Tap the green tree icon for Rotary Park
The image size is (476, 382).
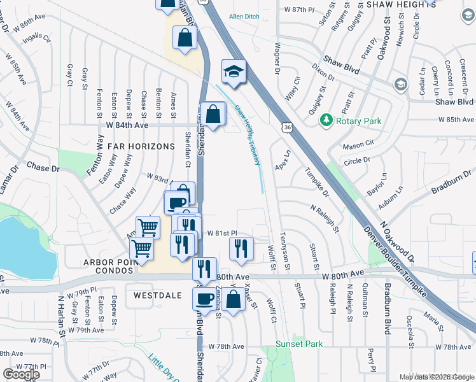[x=326, y=119]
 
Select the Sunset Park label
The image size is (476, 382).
[x=299, y=344]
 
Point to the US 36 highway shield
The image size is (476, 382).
[x=289, y=128]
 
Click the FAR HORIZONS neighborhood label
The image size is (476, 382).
[x=141, y=146]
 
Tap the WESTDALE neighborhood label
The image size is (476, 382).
[x=158, y=295]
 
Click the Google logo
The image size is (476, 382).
[x=21, y=374]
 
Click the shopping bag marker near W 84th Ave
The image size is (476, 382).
[x=213, y=115]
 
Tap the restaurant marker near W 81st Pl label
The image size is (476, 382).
[x=241, y=248]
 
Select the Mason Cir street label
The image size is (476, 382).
[x=357, y=146]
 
